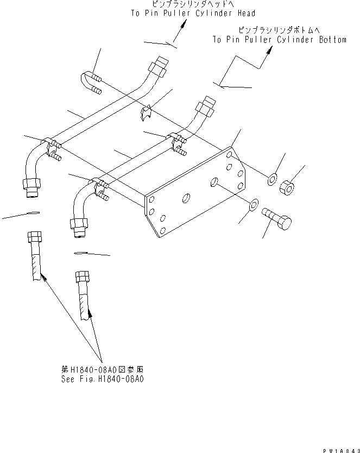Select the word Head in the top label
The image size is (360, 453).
click(245, 13)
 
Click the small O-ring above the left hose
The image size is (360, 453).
click(33, 212)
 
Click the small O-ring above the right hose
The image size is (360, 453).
click(80, 253)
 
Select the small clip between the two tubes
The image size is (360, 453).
click(144, 112)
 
